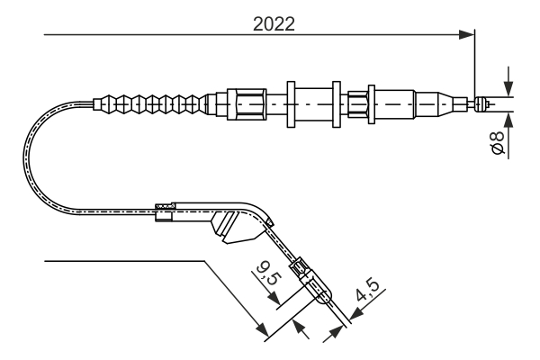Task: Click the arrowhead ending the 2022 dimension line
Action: coord(467,35)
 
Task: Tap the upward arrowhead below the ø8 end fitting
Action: coord(508,118)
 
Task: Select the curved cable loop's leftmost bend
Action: coord(27,157)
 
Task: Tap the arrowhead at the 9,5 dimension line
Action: coord(301,328)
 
